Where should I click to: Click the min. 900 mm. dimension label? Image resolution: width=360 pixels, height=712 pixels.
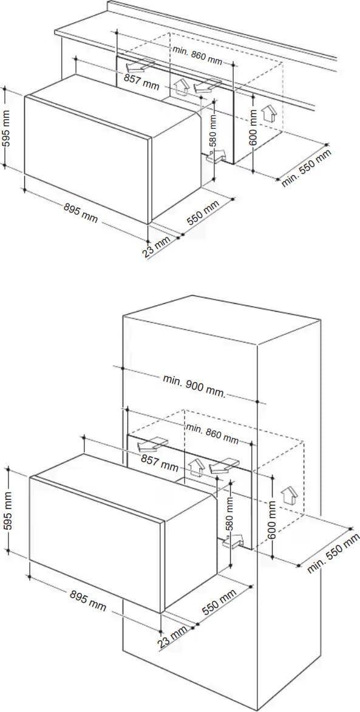(x=194, y=386)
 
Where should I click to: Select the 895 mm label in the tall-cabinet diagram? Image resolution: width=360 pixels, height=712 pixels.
(x=89, y=600)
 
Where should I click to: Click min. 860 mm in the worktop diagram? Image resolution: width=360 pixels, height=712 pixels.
(x=197, y=54)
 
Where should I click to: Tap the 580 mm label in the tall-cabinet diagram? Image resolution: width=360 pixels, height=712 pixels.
(x=229, y=513)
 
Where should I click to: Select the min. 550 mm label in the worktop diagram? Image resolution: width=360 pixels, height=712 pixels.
(x=307, y=168)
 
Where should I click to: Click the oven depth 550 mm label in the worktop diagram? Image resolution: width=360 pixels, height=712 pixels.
(x=203, y=213)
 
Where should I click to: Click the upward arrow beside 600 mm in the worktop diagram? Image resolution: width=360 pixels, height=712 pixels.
(x=269, y=114)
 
